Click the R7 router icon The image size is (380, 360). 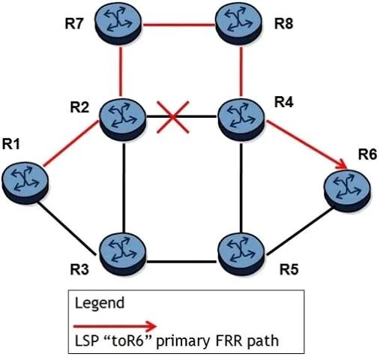pos(118,24)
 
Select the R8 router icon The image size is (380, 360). pos(239,24)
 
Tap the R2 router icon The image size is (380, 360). pos(122,120)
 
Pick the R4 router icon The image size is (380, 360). pos(241,119)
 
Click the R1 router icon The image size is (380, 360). pos(25,183)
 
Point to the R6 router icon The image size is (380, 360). pos(347,190)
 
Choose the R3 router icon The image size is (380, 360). pos(122,253)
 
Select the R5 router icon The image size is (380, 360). pos(241,254)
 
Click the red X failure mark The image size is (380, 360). pos(173,117)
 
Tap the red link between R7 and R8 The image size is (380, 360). pos(178,25)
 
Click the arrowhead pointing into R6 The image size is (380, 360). pos(342,165)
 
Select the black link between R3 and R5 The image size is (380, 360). pos(182,262)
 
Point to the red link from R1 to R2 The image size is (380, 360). pos(71,143)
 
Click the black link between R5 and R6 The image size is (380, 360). pos(300,232)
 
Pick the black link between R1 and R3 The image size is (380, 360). pos(67,228)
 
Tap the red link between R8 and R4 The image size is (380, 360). pos(241,70)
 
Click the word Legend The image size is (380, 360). pos(100,304)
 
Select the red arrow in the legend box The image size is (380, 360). pos(115,326)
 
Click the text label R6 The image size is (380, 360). pos(367,155)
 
